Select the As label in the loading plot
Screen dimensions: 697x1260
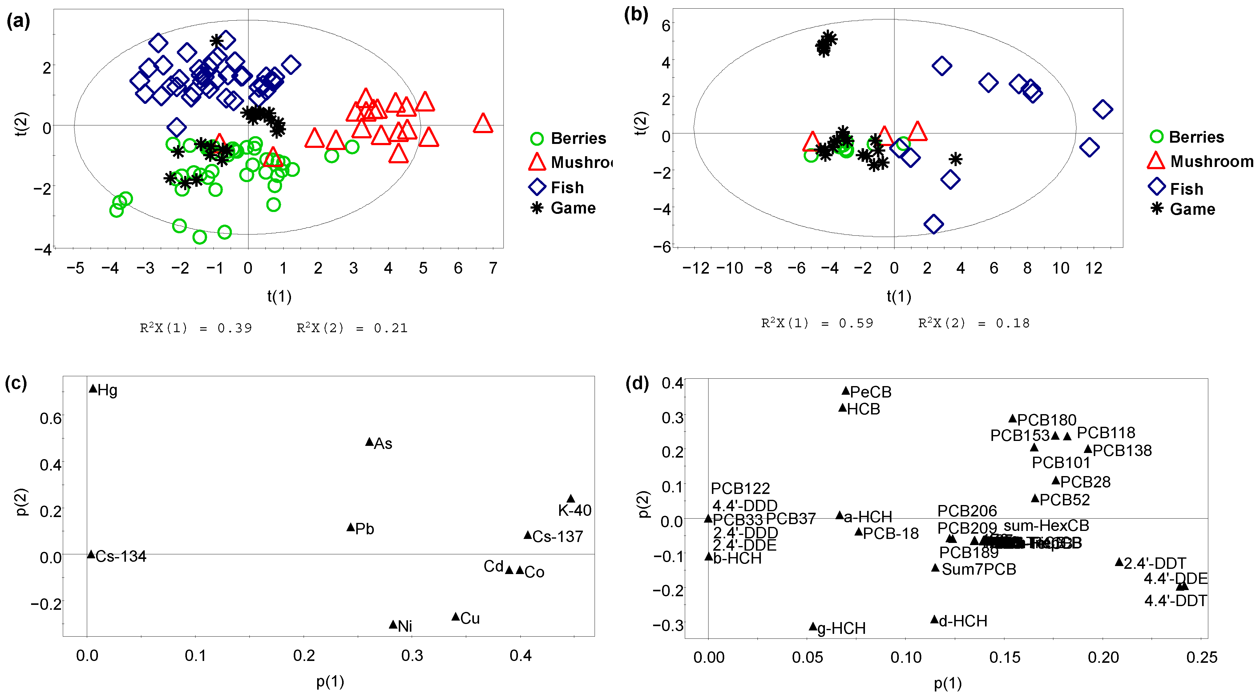[x=383, y=443]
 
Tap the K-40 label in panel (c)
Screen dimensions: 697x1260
[x=574, y=511]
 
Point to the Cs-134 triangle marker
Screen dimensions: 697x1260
[x=91, y=554]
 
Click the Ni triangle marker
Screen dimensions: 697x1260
[x=393, y=625]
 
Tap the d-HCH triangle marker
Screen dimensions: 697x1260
[x=934, y=620]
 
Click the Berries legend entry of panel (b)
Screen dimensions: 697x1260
[x=1196, y=137]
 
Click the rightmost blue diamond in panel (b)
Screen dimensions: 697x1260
[x=1102, y=109]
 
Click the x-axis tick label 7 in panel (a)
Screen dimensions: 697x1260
[x=493, y=268]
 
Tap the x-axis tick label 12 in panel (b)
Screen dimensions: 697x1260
[x=1094, y=268]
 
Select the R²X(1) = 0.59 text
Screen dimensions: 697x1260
[x=817, y=323]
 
